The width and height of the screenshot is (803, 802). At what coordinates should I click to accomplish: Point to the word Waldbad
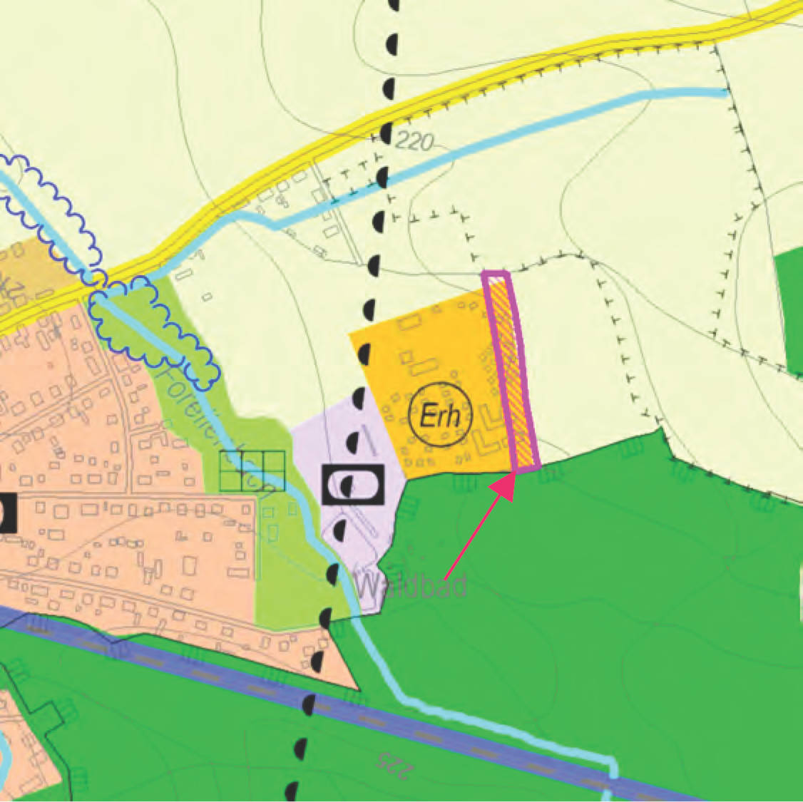[x=411, y=586]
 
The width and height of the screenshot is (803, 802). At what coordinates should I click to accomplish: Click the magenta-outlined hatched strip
[x=511, y=371]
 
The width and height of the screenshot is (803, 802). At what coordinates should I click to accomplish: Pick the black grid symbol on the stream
[x=252, y=471]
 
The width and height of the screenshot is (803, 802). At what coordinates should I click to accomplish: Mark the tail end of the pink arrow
[x=446, y=577]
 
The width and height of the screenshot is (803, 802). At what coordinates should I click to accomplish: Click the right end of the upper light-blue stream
[x=723, y=93]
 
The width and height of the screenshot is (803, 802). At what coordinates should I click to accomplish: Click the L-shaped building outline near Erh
[x=489, y=435]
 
